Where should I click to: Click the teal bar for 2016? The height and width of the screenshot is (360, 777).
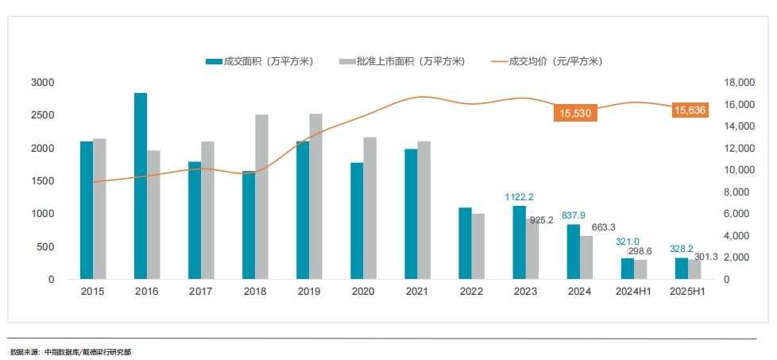[x=141, y=186]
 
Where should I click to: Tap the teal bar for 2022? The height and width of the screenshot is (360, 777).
[x=465, y=243]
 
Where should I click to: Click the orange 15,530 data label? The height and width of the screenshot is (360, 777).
[x=575, y=114]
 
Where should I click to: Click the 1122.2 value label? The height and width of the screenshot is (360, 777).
[x=519, y=197]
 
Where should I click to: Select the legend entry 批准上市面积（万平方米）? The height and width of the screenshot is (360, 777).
[x=401, y=61]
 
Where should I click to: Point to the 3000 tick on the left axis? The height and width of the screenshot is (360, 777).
[x=43, y=83]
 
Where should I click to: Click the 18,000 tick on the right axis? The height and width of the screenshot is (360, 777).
[x=739, y=83]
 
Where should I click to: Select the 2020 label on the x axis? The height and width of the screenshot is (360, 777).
[x=362, y=292]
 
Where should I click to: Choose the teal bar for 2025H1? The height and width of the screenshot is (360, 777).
[x=682, y=269]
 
